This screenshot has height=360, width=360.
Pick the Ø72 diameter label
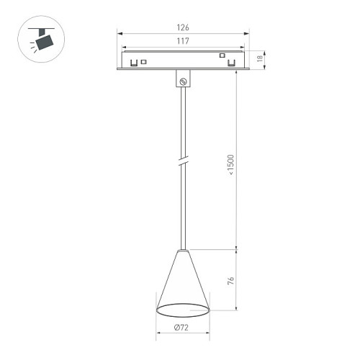[x=182, y=328]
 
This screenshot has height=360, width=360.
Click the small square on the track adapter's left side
[x=144, y=62]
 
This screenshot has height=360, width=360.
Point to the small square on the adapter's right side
[x=222, y=56]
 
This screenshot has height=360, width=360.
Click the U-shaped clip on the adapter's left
[x=134, y=63]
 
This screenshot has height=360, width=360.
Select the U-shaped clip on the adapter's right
[x=231, y=63]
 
